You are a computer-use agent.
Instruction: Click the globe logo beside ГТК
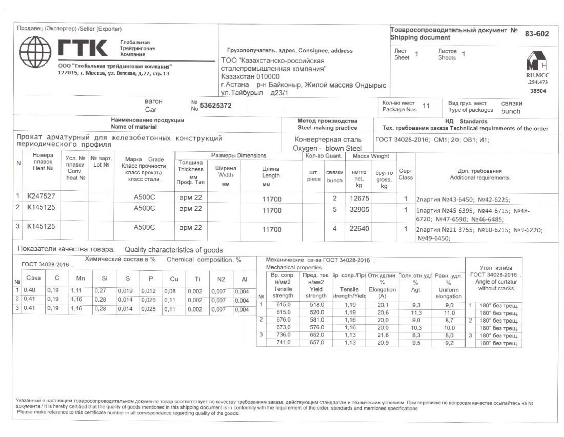[35, 52]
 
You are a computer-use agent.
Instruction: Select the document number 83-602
[537, 34]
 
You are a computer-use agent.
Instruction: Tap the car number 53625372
[216, 106]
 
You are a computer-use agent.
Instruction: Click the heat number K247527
[41, 196]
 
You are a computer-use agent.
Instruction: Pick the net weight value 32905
[359, 210]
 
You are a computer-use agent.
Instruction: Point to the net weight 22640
[359, 228]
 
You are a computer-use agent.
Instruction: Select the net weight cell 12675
[359, 198]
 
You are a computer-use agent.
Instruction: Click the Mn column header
[80, 278]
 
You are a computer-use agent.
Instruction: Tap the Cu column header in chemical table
[174, 279]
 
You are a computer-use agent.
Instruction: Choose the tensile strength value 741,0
[283, 342]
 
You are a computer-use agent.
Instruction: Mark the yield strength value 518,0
[317, 305]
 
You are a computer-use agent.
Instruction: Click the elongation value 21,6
[383, 335]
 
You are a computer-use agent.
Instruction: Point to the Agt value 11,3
[416, 313]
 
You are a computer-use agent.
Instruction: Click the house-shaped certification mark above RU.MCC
[536, 61]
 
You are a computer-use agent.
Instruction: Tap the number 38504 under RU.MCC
[538, 91]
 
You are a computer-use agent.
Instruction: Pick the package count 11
[426, 106]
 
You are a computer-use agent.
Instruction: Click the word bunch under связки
[510, 111]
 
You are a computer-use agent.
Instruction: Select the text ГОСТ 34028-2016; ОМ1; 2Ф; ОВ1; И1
[432, 140]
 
